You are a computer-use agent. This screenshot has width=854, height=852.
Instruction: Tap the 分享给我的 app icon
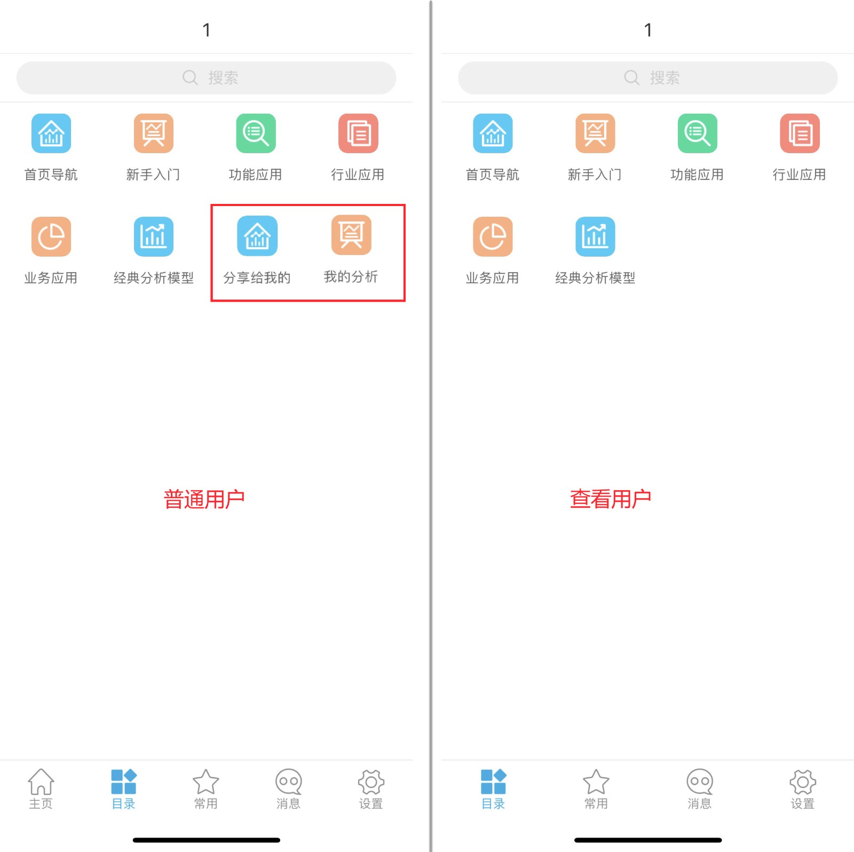click(x=257, y=236)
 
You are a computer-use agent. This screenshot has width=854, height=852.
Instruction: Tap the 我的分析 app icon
click(x=351, y=235)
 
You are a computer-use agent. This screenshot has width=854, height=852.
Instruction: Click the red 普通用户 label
click(x=204, y=499)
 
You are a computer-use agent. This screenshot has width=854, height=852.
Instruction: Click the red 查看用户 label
click(x=610, y=499)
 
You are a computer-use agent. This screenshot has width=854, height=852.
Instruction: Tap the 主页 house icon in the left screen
click(x=41, y=782)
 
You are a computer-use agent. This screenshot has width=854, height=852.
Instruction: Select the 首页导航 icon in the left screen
click(x=51, y=133)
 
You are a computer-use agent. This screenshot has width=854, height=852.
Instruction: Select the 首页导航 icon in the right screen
click(x=493, y=133)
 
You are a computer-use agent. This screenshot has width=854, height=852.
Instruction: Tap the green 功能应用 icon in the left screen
click(x=256, y=133)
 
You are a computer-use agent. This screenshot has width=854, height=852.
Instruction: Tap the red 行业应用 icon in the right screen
click(x=800, y=133)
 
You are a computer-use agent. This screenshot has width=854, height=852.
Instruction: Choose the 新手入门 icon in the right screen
click(x=595, y=133)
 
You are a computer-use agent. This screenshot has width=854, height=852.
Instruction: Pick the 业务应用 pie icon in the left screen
click(x=51, y=236)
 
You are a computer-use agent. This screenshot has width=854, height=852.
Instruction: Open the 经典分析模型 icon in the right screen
click(x=595, y=236)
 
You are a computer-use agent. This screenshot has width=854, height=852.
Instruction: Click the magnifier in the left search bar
click(x=190, y=78)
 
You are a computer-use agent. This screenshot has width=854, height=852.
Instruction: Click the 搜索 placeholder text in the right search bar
click(x=665, y=78)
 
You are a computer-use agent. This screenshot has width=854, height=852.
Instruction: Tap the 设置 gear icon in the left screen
click(x=371, y=782)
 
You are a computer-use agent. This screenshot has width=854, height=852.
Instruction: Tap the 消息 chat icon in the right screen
click(x=700, y=782)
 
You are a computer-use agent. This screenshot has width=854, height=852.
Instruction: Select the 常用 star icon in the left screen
click(x=206, y=782)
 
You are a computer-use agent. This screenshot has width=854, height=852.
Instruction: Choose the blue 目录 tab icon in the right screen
click(x=493, y=782)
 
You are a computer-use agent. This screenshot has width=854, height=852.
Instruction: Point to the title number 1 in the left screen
click(x=207, y=30)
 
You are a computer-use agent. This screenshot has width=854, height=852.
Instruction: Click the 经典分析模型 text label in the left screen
click(x=154, y=278)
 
